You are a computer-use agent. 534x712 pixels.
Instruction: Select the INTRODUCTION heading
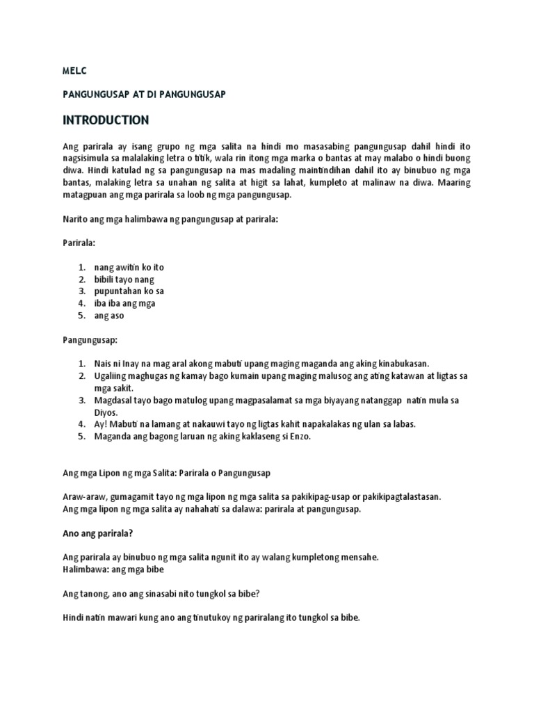tap(106, 120)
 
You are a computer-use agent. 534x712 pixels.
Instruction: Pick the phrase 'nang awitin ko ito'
tap(129, 268)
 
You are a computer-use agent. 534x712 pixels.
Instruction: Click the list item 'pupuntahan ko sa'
tap(129, 291)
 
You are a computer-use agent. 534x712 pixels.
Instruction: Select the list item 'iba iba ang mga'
tap(125, 303)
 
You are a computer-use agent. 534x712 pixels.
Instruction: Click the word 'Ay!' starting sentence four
tap(102, 424)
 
